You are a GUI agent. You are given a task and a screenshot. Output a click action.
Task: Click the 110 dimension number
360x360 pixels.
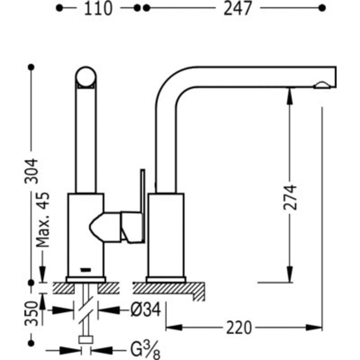[98, 8]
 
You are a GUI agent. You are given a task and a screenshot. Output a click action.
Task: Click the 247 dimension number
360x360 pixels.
[238, 8]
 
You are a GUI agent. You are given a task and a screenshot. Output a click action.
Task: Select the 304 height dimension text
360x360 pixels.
[31, 171]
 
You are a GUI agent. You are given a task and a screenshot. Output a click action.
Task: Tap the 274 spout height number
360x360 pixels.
[290, 197]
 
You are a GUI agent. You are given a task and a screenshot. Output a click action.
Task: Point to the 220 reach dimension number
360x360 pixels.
[239, 328]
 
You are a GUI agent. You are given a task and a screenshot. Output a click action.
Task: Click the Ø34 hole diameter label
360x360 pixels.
[146, 310]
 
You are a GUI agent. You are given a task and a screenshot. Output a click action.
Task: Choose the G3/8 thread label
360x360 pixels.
[145, 350]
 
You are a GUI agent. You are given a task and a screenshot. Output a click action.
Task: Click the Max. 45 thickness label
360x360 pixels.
[43, 220]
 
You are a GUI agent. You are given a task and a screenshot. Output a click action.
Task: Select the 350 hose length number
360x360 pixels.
[31, 313]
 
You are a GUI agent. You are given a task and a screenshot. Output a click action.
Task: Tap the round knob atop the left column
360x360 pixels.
[86, 77]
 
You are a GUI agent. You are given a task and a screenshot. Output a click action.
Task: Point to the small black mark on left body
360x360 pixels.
[86, 270]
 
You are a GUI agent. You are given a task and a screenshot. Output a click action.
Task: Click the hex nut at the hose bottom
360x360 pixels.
[86, 340]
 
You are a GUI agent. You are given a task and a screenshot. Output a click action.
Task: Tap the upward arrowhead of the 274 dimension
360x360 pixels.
[290, 96]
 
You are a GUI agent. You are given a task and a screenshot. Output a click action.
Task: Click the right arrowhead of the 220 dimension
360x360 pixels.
[314, 328]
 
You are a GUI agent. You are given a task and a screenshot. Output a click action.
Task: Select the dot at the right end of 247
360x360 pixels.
[322, 8]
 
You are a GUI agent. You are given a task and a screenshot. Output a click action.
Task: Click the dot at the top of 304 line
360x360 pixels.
[31, 67]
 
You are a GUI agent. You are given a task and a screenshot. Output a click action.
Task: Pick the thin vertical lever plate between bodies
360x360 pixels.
[142, 206]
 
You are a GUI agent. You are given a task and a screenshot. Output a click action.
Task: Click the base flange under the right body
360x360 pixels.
[166, 280]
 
